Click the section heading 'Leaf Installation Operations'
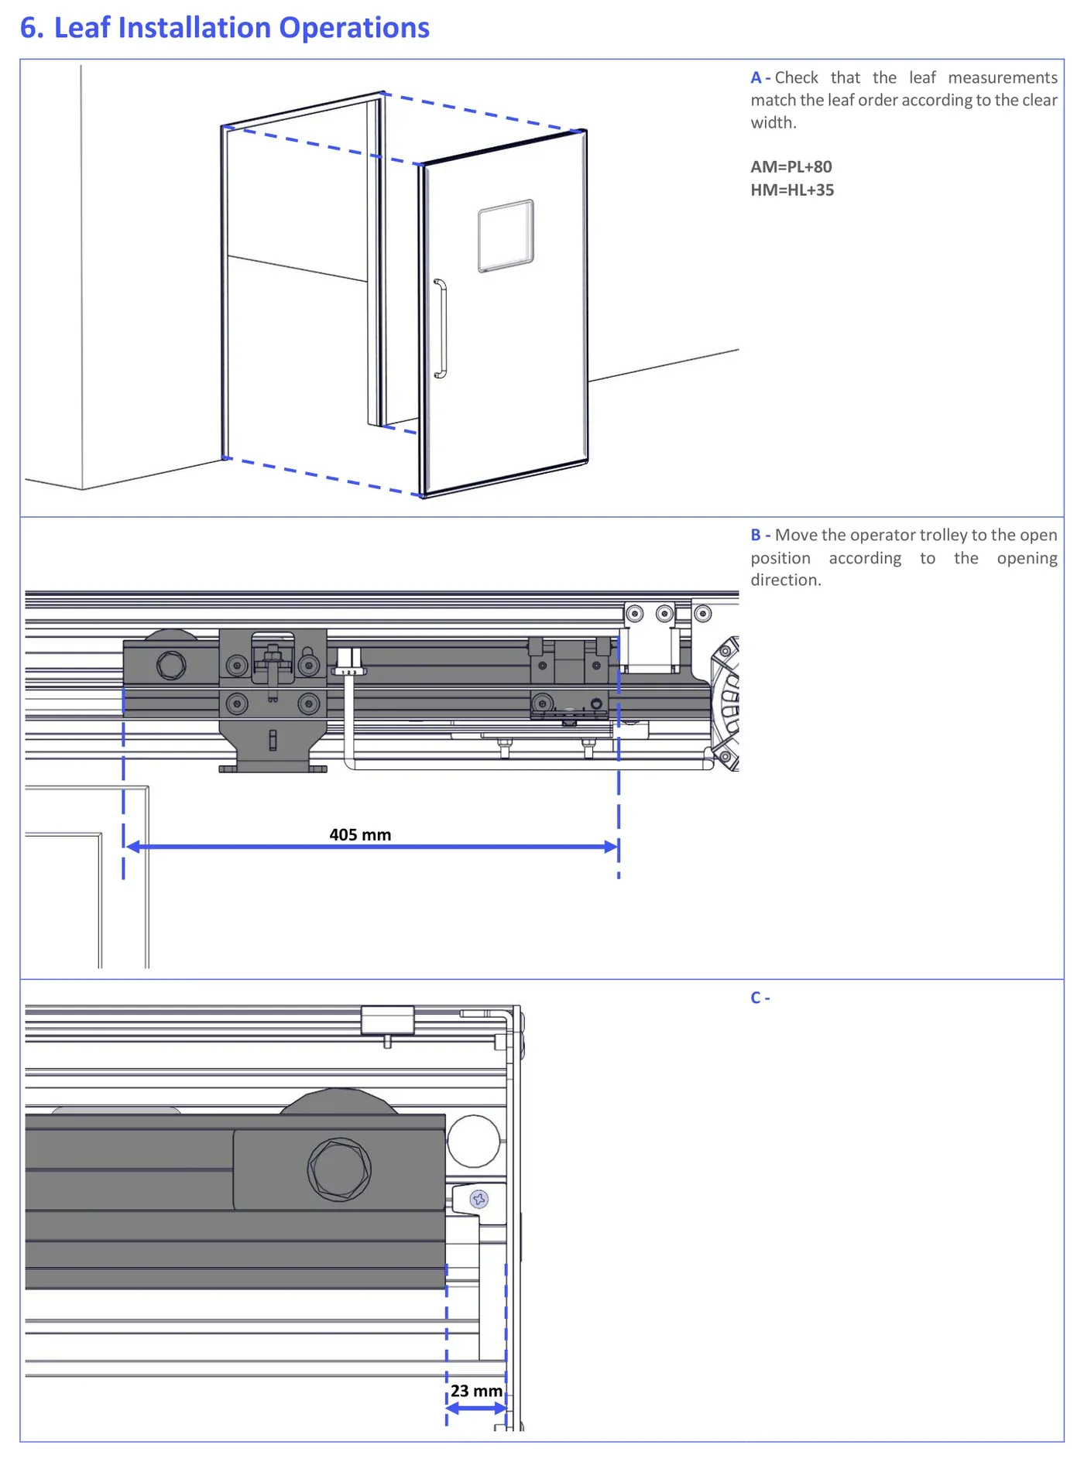242,28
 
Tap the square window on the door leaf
506,236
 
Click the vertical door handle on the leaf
441,329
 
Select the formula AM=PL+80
791,166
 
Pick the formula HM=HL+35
792,190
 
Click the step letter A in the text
756,77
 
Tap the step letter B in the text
756,535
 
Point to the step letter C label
756,998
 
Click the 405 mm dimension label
360,834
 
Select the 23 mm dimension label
477,1391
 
